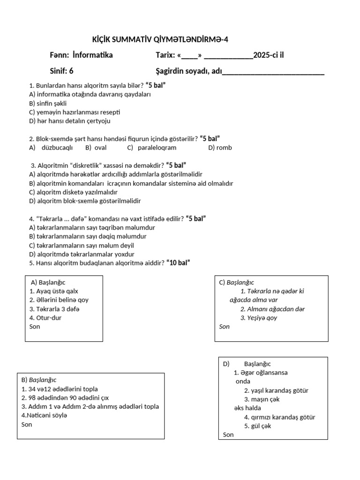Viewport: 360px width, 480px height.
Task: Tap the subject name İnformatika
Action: pyautogui.click(x=93, y=55)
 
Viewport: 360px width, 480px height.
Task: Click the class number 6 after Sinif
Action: pyautogui.click(x=71, y=71)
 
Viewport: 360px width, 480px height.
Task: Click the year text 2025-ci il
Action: pyautogui.click(x=269, y=55)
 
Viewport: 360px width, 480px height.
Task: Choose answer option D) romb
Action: pyautogui.click(x=220, y=148)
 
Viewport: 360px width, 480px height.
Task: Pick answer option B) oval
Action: pyautogui.click(x=96, y=148)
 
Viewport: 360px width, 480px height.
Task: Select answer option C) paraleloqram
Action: pyautogui.click(x=151, y=148)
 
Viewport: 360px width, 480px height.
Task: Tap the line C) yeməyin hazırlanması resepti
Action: pyautogui.click(x=75, y=112)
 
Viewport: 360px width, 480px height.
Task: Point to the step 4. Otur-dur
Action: pyautogui.click(x=45, y=318)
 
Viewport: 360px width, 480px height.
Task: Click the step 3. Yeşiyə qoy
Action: pyautogui.click(x=259, y=318)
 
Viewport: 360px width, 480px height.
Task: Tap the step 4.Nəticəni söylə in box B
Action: pyautogui.click(x=45, y=416)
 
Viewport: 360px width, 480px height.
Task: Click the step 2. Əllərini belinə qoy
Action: pyautogui.click(x=59, y=300)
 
